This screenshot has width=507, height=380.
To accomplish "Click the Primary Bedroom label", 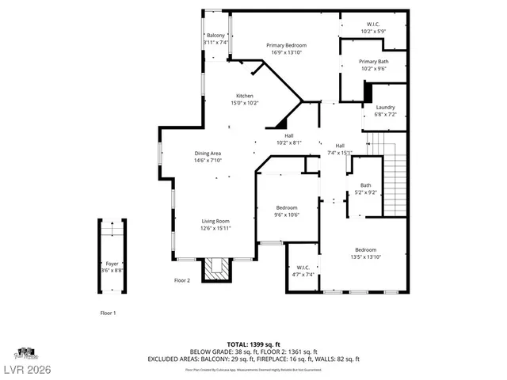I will pos(286,45).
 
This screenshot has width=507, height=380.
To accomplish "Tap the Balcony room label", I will pos(215,36).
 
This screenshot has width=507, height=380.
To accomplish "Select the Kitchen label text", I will pos(244,96).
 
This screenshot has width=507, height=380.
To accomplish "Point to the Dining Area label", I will pos(208,153).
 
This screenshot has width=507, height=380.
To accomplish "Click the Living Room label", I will pos(215,221).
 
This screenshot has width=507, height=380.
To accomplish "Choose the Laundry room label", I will pos(385,108).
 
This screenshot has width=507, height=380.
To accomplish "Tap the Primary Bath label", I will pos(373,61).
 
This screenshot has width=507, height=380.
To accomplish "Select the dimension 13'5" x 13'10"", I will pos(365,256).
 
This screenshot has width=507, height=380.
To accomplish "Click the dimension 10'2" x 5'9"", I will pos(373,31).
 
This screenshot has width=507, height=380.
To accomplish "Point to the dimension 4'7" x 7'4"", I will pos(305,275).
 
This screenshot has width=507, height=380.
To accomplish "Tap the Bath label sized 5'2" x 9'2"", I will pos(365,185).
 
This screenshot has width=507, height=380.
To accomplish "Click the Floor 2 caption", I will pos(183,280).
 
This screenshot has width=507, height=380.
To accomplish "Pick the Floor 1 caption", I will pos(108,313).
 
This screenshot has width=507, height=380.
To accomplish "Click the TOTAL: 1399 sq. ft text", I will pos(253,344).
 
